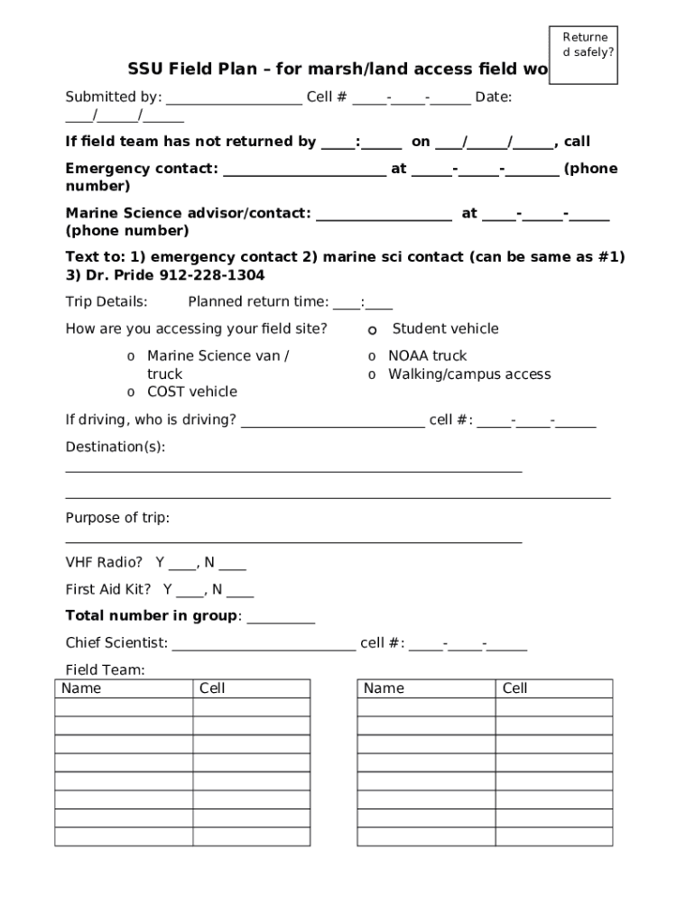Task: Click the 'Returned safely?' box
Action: pos(583,54)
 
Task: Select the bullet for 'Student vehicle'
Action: pos(372,330)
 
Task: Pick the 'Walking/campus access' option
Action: pos(468,374)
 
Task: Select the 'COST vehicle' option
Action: pos(191,392)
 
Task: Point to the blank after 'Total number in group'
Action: pos(281,617)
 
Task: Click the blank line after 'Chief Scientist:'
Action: pos(264,644)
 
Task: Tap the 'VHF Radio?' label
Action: pos(104,563)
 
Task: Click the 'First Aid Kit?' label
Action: pos(107,590)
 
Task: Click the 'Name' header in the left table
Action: pos(81,688)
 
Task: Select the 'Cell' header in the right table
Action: pos(514,688)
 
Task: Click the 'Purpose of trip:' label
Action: pos(117,518)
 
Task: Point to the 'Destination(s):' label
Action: pos(116,447)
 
